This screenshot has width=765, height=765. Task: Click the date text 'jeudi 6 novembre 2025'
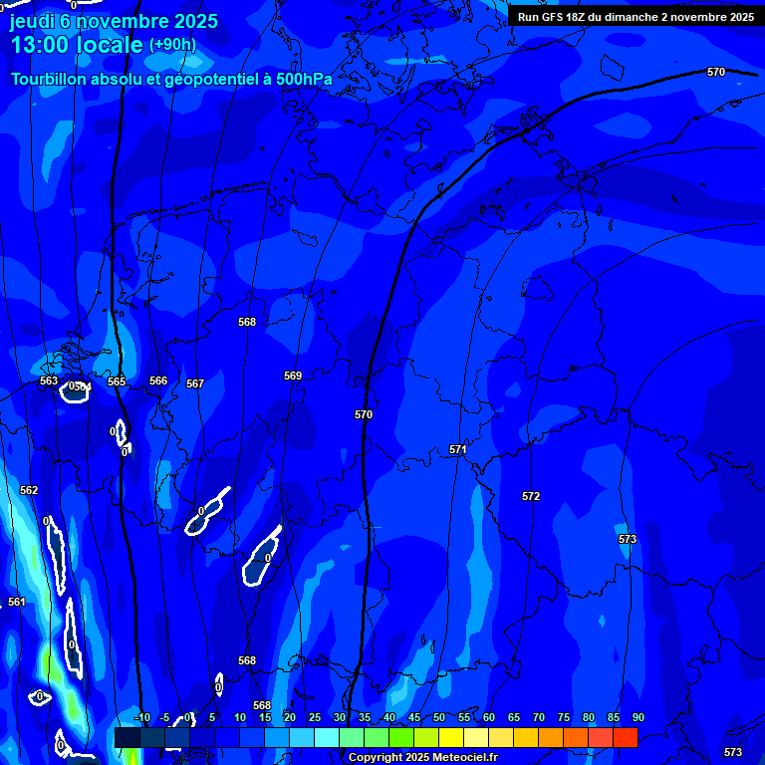[x=114, y=22]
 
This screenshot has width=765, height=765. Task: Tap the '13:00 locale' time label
[x=77, y=45]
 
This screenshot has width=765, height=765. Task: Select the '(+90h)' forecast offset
[x=172, y=45]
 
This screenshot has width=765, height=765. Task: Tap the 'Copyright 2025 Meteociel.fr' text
[x=424, y=757]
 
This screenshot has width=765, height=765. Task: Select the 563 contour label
[x=49, y=382]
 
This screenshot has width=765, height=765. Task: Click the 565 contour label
[x=117, y=382]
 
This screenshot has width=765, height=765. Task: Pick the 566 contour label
[x=158, y=381]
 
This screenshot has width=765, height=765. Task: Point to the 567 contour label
[x=195, y=383]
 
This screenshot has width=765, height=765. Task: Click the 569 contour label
[x=293, y=376]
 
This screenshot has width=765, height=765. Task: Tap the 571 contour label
[x=457, y=449]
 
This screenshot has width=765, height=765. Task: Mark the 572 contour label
[x=531, y=496]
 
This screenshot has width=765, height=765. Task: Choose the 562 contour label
[x=29, y=490]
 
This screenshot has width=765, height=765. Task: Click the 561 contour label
[x=17, y=602]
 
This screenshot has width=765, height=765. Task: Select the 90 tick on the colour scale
[x=637, y=717]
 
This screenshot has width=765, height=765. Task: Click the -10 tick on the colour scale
[x=141, y=717]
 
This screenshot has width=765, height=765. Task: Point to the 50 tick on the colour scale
[x=439, y=717]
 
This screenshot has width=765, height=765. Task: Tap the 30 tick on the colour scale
[x=340, y=717]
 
